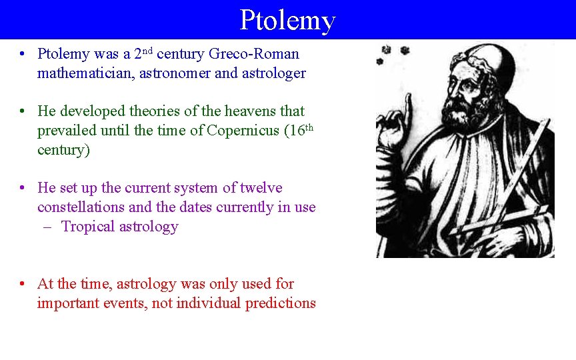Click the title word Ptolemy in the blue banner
coord(287,20)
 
